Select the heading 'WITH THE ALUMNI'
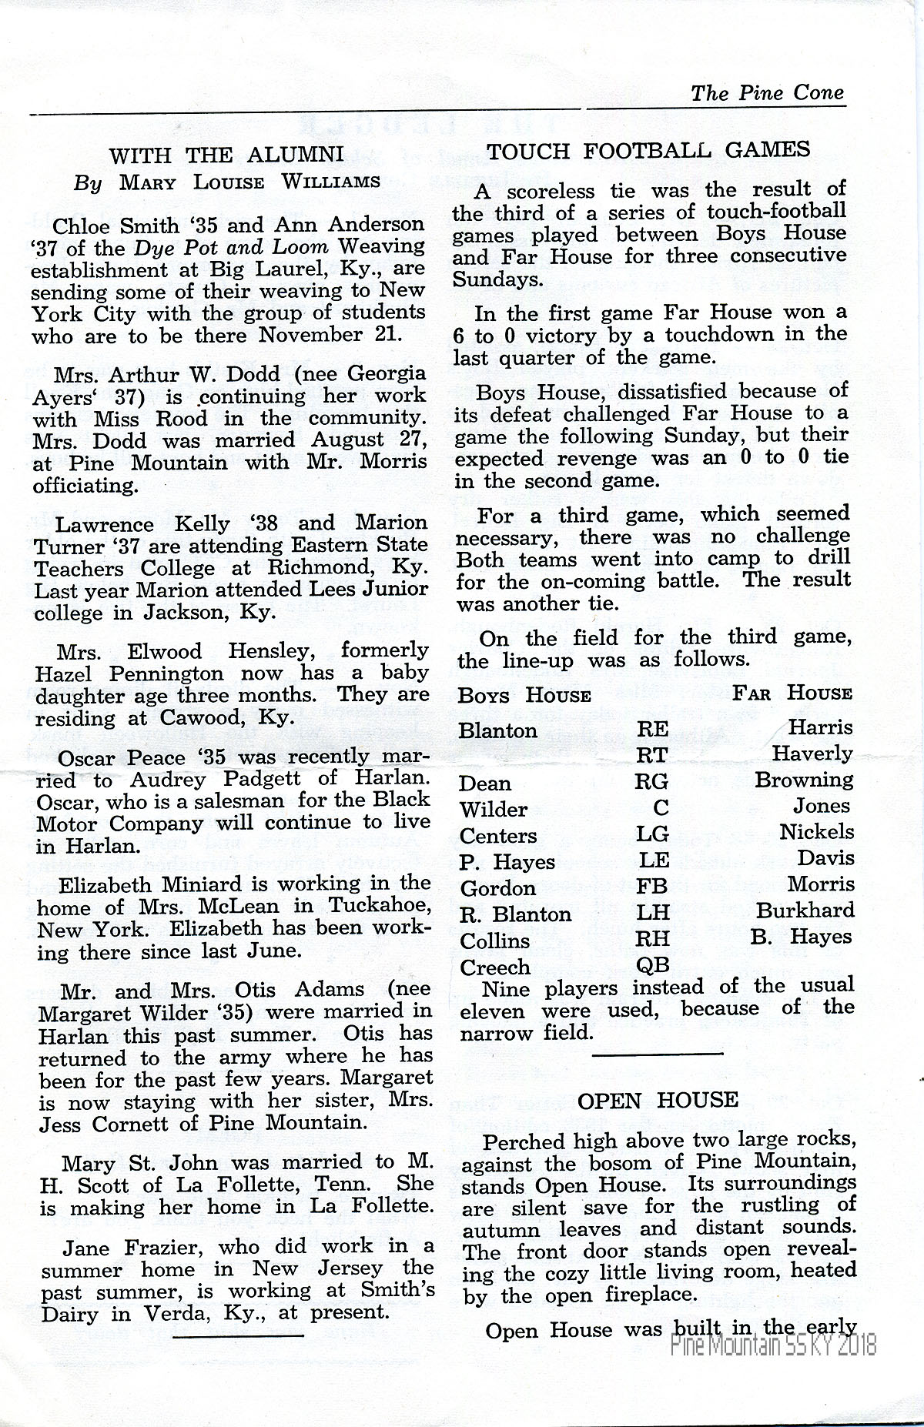(x=226, y=156)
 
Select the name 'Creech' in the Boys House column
(x=495, y=967)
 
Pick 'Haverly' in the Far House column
(x=812, y=754)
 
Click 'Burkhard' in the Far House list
(x=805, y=911)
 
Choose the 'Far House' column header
(x=792, y=693)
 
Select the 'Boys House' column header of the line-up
(x=524, y=696)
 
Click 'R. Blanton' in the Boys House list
(x=516, y=914)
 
